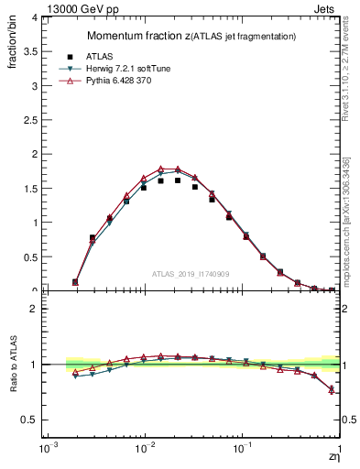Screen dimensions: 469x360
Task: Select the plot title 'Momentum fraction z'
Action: (138, 36)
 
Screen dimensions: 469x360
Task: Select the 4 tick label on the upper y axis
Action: (34, 17)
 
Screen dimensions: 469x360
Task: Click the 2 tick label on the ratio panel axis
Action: (34, 309)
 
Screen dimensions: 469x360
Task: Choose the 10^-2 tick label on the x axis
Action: (144, 452)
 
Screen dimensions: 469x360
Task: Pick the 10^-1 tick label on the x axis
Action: (242, 452)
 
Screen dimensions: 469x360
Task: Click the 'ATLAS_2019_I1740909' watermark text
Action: (191, 273)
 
